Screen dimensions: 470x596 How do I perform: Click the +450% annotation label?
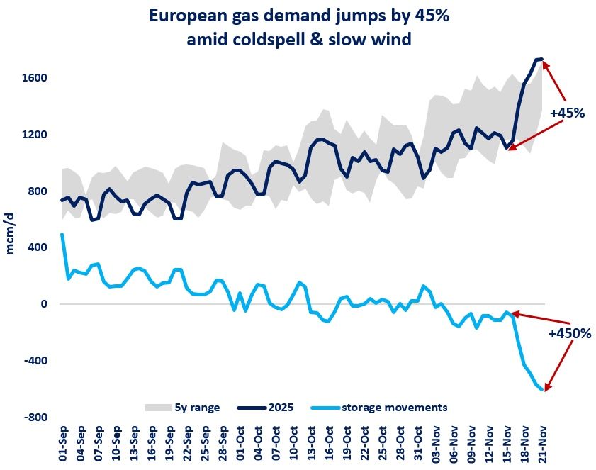click(570, 332)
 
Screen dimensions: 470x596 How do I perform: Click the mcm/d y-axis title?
click(13, 234)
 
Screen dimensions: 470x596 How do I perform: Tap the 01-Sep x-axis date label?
click(63, 444)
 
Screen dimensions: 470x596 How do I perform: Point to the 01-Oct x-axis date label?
click(241, 444)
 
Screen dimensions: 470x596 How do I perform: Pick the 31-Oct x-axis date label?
click(418, 444)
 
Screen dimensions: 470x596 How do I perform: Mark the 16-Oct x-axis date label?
click(330, 444)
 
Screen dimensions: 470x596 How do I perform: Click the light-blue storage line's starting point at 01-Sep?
click(62, 234)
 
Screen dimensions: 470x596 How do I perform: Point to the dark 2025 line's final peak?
click(541, 60)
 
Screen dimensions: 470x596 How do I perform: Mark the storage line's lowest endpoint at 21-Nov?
click(542, 389)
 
